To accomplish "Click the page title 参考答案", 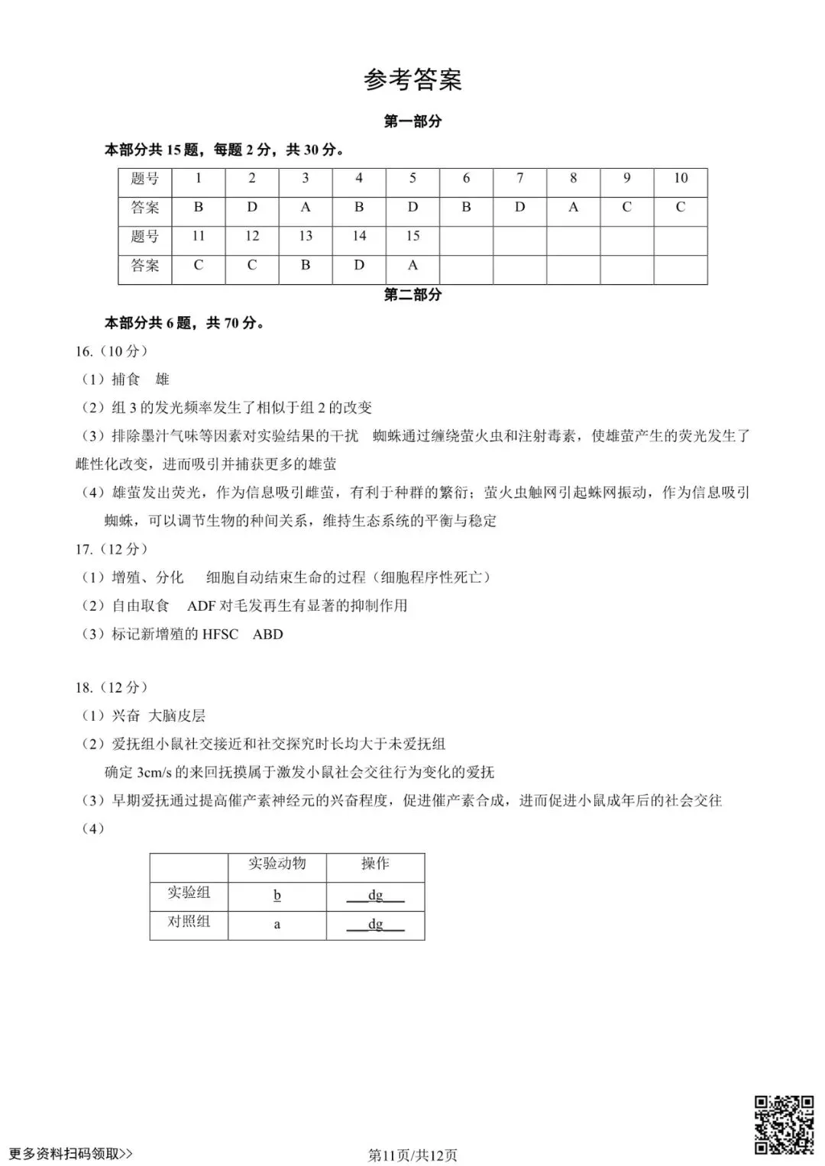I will [412, 79].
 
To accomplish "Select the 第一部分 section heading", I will [412, 121].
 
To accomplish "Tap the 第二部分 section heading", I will [412, 295].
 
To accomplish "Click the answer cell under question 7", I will [519, 207].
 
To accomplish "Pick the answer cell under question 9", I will [626, 207].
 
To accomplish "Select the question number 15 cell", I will [412, 236].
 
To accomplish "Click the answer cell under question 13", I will [306, 265].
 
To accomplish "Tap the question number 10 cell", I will [680, 179].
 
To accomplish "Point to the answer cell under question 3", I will [306, 207].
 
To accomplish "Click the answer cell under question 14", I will [359, 265].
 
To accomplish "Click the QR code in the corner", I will [784, 1124].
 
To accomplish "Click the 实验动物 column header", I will [277, 864].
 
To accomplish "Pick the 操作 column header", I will [375, 864].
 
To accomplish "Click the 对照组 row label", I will [189, 922].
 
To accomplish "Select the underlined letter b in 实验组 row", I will [277, 895].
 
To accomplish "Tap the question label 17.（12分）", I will [112, 549].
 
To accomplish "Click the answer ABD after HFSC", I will [267, 634].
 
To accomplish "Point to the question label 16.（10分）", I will [112, 351].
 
